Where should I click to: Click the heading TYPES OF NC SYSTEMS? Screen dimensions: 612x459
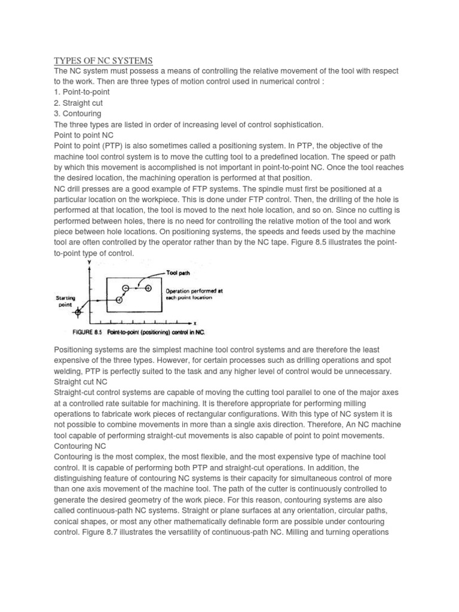[103, 60]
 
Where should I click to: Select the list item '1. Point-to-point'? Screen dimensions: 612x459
[82, 92]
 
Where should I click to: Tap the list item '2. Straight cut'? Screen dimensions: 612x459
[78, 103]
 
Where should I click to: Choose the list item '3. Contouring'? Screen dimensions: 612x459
[78, 114]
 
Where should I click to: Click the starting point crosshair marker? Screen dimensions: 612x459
[78, 311]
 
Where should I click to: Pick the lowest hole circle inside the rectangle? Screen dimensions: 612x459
[119, 300]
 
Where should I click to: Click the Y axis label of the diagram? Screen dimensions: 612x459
[89, 261]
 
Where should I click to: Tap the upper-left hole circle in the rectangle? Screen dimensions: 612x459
[126, 288]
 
